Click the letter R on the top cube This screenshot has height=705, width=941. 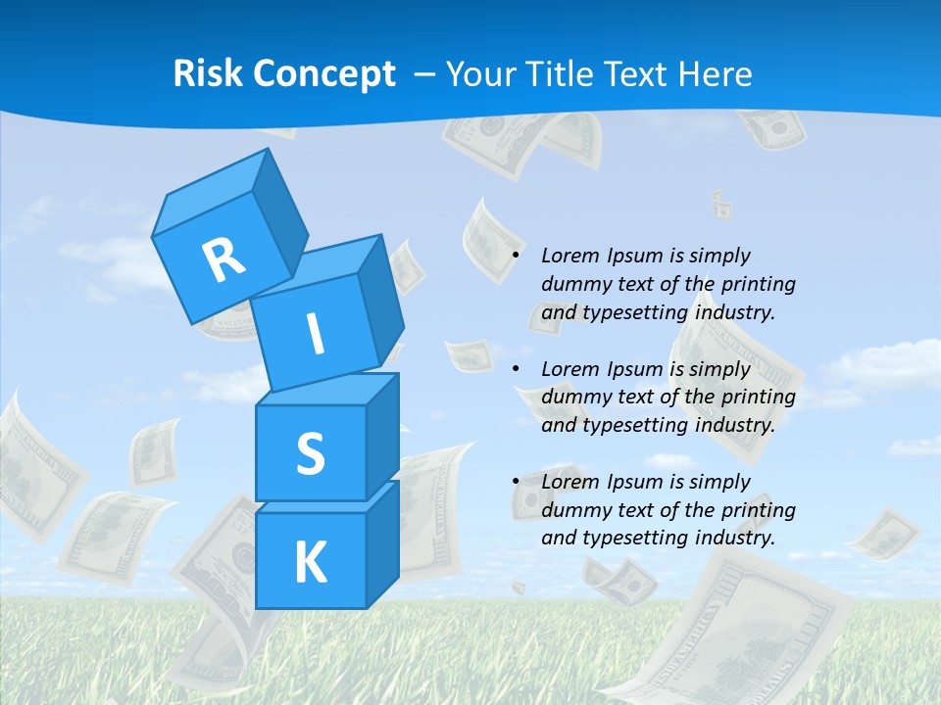coord(223,259)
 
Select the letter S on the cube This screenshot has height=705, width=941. coord(310,454)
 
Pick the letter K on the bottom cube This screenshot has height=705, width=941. coord(310,563)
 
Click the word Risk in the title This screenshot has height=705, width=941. coord(209,73)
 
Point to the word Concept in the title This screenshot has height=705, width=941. coord(323,74)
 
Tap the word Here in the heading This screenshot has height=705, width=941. coord(715,73)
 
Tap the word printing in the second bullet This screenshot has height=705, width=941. coord(758,398)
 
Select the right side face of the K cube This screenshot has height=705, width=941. coord(382,543)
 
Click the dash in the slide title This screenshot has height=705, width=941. coord(425,73)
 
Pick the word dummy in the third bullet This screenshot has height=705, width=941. coord(574,510)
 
